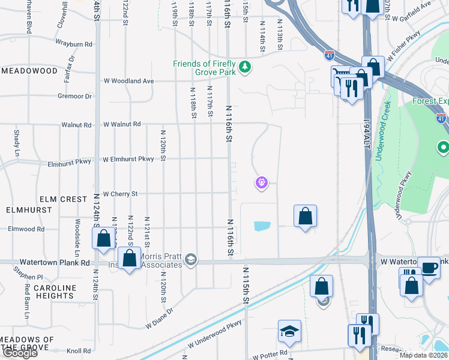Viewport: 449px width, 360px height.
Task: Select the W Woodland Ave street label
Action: click(129, 81)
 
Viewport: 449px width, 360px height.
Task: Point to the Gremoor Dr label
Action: click(74, 96)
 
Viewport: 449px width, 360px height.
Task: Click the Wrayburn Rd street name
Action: click(73, 44)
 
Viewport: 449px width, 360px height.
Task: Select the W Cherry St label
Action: click(121, 194)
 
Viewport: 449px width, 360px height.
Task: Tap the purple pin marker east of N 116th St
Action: click(261, 182)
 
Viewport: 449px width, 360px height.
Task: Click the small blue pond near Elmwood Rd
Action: click(262, 226)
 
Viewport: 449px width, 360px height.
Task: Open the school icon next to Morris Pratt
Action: click(191, 260)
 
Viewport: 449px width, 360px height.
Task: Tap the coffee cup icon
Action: click(429, 268)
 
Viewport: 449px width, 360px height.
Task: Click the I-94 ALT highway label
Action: click(367, 134)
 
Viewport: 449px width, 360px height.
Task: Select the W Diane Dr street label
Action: click(159, 318)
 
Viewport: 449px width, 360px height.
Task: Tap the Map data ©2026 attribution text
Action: click(423, 355)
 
